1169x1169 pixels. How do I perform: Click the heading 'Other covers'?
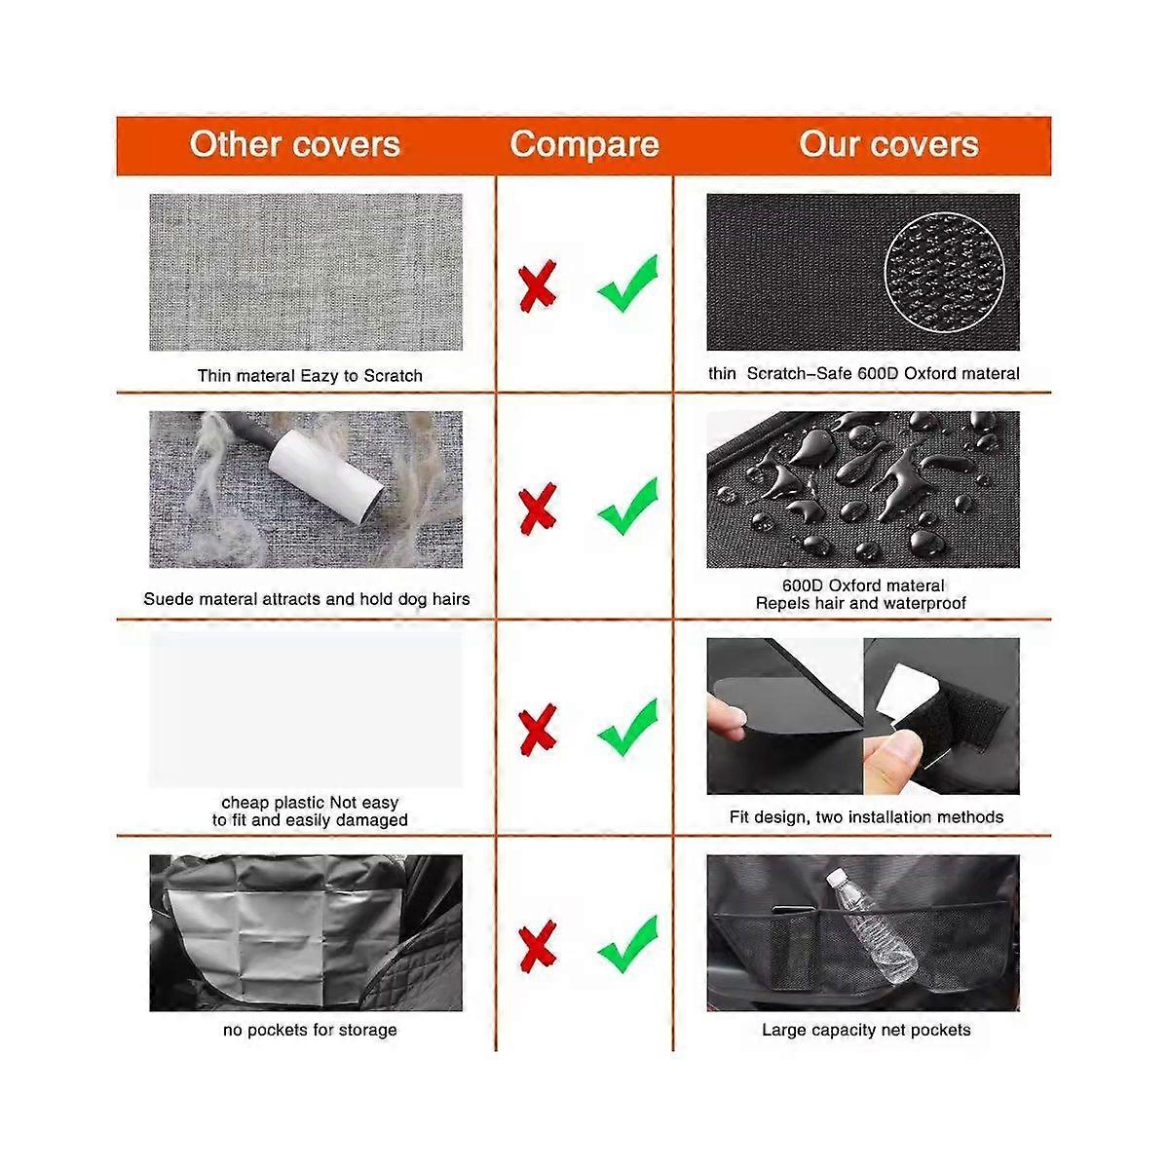pyautogui.click(x=295, y=145)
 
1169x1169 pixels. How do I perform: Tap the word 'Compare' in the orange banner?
pyautogui.click(x=584, y=145)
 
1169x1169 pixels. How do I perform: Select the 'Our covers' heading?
pyautogui.click(x=888, y=145)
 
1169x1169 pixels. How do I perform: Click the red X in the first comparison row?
pyautogui.click(x=538, y=285)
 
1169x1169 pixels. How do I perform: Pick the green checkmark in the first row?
pyautogui.click(x=628, y=283)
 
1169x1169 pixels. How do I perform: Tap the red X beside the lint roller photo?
pyautogui.click(x=538, y=509)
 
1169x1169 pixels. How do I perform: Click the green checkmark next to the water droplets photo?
pyautogui.click(x=628, y=507)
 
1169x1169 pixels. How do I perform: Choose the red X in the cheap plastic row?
pyautogui.click(x=538, y=730)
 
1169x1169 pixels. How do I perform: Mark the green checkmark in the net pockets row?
pyautogui.click(x=628, y=944)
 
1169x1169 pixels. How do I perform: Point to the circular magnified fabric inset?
pyautogui.click(x=944, y=273)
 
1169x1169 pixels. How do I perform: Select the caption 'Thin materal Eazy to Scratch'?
pyautogui.click(x=310, y=376)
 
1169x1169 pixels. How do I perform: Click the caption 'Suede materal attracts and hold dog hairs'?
pyautogui.click(x=306, y=599)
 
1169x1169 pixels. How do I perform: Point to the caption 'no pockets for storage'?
pyautogui.click(x=310, y=1030)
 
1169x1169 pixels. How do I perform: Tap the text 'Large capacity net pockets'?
pyautogui.click(x=866, y=1030)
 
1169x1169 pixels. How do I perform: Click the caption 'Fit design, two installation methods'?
pyautogui.click(x=866, y=817)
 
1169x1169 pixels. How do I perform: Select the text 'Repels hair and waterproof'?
pyautogui.click(x=861, y=604)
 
